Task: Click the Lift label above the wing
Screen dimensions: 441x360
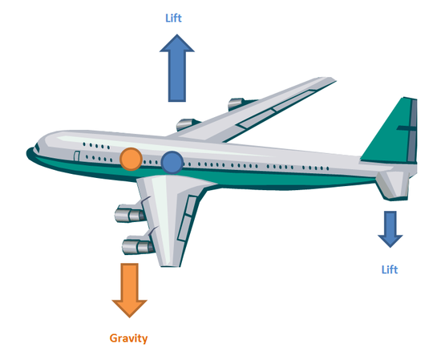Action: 173,18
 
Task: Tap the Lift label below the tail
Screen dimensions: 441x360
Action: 390,269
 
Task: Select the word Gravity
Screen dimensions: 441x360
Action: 128,338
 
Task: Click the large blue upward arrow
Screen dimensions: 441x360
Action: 177,68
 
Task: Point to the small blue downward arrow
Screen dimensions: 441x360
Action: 390,229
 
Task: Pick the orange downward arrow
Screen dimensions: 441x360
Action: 129,290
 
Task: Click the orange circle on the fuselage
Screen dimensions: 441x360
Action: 131,160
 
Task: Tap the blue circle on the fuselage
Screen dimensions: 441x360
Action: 172,163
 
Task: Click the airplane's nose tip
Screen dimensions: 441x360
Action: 27,152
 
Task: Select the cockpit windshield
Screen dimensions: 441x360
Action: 37,148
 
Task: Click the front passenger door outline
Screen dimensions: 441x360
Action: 76,156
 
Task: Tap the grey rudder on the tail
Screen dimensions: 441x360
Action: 412,130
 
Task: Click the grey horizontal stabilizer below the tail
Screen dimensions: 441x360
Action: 393,184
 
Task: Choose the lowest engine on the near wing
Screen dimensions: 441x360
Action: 138,247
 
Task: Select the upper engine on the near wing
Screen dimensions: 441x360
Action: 130,215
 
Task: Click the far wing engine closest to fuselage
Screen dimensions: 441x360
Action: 187,124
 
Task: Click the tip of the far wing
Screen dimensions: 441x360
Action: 335,81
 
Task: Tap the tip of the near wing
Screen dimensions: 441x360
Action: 170,265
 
